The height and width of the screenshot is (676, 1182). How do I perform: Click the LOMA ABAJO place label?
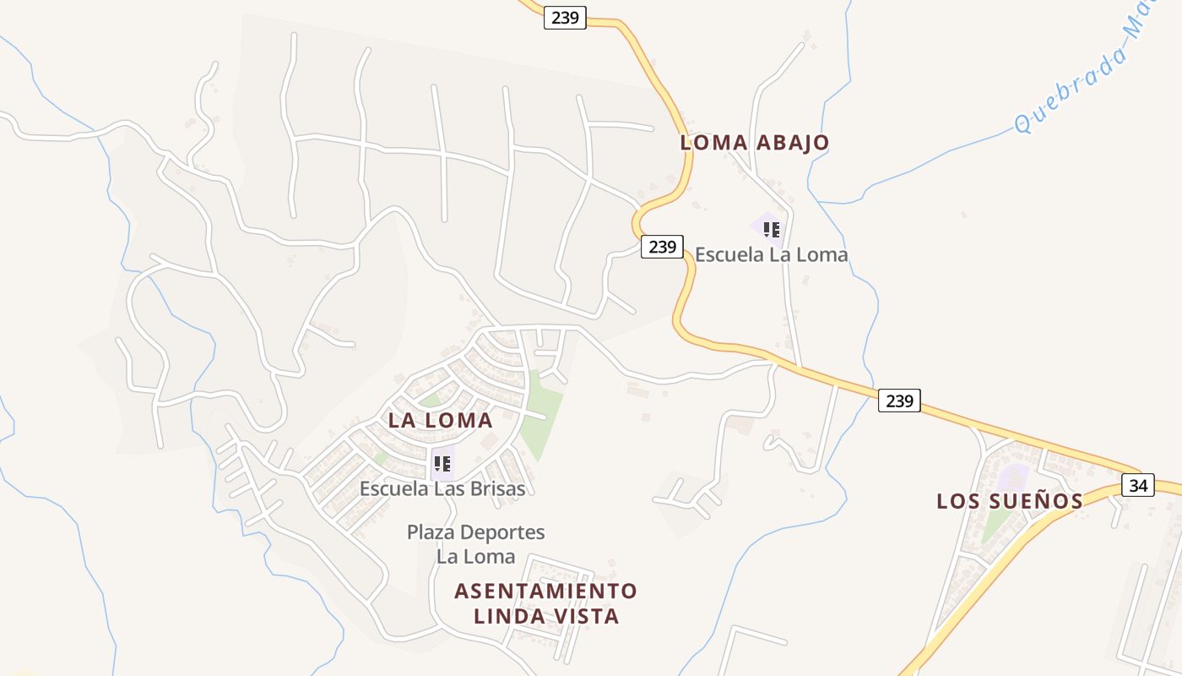coord(755,142)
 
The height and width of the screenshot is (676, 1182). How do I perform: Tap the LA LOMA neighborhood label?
coord(440,420)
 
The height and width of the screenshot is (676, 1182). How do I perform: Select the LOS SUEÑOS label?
coord(1010,501)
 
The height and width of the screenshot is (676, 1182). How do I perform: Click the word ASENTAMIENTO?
coord(545,590)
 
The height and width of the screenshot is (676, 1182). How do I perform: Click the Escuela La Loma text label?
coord(771,254)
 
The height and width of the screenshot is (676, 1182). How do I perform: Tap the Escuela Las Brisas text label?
coord(442,488)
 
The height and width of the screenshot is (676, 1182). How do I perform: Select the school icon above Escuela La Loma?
coord(771,229)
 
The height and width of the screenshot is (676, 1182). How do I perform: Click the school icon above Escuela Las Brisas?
coord(442,463)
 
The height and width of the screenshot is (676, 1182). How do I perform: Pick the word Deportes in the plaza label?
coord(502,532)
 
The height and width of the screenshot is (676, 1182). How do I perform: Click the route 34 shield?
coord(1138,485)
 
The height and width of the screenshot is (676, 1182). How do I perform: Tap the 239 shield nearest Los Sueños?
coord(899,401)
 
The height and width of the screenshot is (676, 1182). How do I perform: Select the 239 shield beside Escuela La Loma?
coord(662,247)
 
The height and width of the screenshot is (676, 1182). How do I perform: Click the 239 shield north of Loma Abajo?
coord(564,17)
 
